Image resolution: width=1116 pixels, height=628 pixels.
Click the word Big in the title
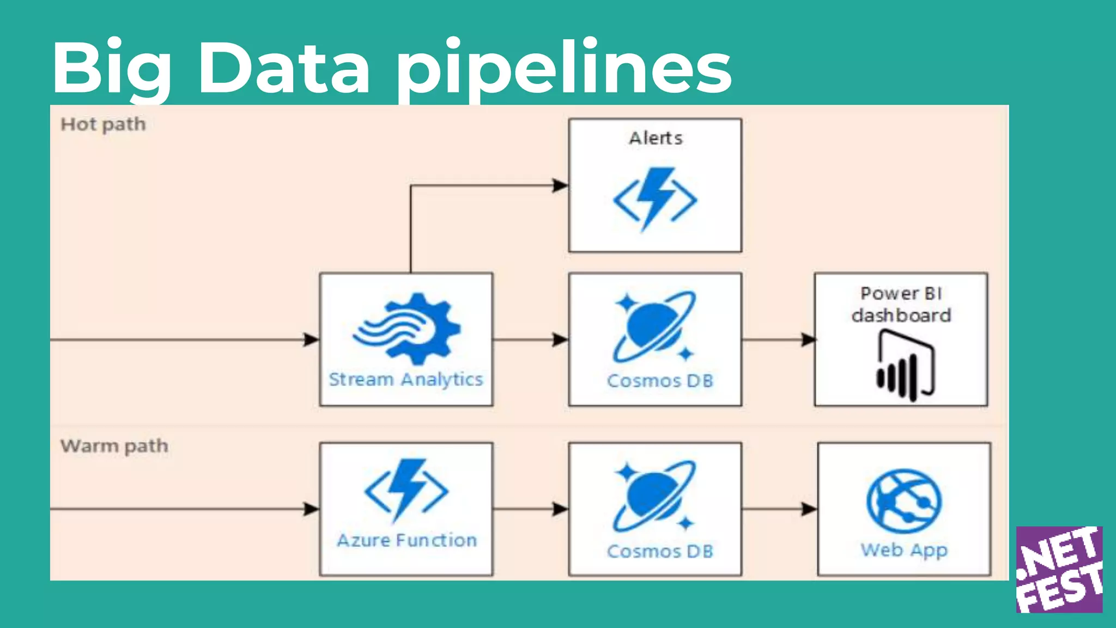112,68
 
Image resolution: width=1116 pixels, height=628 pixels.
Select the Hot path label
103,124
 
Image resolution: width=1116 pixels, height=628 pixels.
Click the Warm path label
114,446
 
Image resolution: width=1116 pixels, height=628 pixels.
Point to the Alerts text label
656,138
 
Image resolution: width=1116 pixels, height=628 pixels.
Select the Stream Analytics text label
406,379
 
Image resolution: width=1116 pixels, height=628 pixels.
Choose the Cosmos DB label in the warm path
660,551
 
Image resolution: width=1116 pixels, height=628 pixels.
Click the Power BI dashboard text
901,304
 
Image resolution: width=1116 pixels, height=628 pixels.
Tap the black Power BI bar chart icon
905,367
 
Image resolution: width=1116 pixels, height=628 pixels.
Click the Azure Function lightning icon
407,490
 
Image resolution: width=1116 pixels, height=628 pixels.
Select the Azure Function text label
407,540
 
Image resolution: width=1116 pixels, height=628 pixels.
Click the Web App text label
904,550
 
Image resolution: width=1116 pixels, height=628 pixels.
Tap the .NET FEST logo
1059,569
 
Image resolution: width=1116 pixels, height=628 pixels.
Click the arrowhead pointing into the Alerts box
560,185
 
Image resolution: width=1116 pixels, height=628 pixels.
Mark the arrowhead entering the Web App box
809,509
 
